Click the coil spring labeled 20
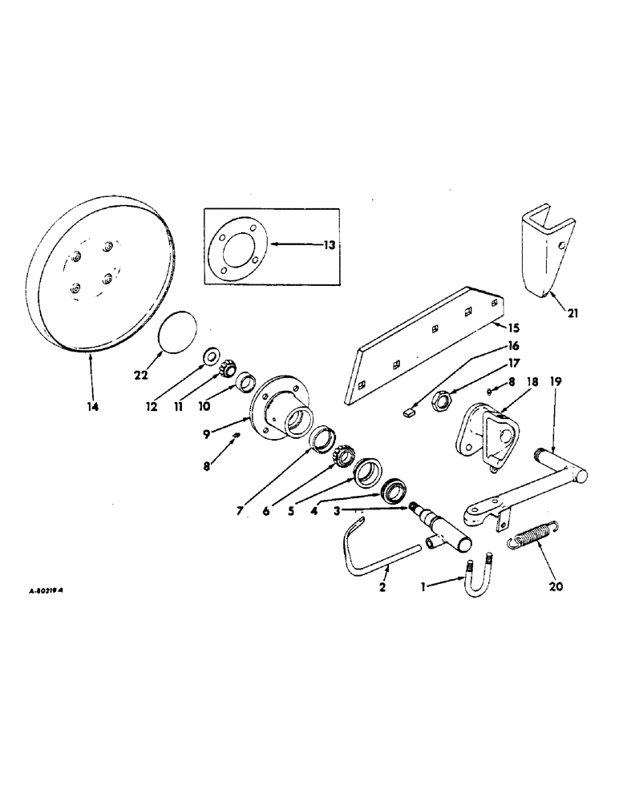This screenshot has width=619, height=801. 532,534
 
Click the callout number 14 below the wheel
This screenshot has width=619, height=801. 92,407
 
